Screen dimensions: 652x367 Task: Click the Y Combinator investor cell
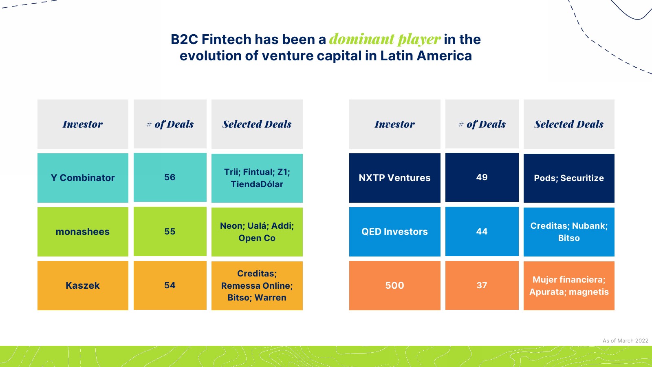click(x=83, y=178)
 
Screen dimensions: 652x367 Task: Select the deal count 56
click(x=170, y=177)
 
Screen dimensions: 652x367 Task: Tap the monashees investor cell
click(x=83, y=232)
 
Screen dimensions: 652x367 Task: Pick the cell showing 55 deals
click(x=170, y=231)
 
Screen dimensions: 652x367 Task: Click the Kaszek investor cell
click(x=83, y=285)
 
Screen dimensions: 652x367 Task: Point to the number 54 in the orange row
click(x=170, y=285)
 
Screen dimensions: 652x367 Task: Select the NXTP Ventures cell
click(x=395, y=178)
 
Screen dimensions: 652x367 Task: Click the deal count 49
click(x=482, y=177)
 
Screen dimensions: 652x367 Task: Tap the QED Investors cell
click(x=395, y=232)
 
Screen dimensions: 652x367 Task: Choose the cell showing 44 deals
click(x=482, y=231)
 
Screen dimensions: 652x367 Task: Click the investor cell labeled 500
click(x=395, y=285)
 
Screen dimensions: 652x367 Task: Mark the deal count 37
click(x=482, y=285)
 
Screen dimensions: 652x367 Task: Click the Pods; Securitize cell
click(x=569, y=178)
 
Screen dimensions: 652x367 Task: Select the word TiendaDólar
click(x=257, y=184)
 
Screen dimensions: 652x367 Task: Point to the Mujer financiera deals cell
click(x=569, y=286)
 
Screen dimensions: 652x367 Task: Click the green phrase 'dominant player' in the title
click(x=385, y=39)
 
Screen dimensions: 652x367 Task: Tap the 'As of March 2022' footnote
click(x=625, y=340)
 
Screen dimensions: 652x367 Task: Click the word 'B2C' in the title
click(x=184, y=39)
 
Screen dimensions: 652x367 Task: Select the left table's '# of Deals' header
click(x=170, y=124)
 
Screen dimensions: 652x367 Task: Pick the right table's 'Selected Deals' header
click(x=569, y=124)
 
